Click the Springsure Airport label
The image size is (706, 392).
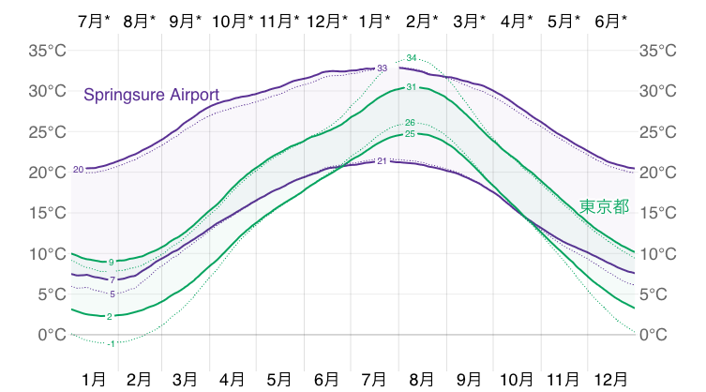point(151,95)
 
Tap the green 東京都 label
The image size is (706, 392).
point(604,206)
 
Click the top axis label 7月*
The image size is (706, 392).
point(92,20)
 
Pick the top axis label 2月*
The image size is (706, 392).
point(423,20)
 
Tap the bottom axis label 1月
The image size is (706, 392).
point(93,380)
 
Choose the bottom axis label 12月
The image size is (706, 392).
point(611,380)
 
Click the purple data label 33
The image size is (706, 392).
point(383,68)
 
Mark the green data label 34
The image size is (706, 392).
point(411,58)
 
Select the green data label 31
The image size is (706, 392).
point(411,87)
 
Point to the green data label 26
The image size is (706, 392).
point(410,123)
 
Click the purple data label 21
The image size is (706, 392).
point(383,160)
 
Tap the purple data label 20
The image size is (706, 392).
point(78,170)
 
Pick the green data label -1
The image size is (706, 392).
point(111,344)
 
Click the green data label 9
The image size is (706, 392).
point(111,262)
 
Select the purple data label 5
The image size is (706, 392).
point(113,294)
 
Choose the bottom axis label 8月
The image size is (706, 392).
point(422,380)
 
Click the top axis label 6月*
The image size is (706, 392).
point(612,20)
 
